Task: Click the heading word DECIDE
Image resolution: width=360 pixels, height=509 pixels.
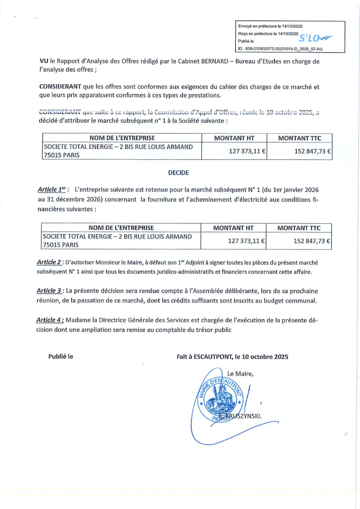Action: pyautogui.click(x=179, y=173)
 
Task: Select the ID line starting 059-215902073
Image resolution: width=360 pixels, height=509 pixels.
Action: pyautogui.click(x=280, y=49)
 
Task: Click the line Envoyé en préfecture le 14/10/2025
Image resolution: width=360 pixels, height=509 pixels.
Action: pyautogui.click(x=270, y=26)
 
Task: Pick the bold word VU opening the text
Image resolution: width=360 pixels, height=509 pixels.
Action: pyautogui.click(x=44, y=62)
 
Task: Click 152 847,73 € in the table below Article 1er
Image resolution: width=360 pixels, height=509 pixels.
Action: pyautogui.click(x=312, y=241)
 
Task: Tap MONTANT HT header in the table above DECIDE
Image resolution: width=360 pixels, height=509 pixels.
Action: pyautogui.click(x=234, y=137)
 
